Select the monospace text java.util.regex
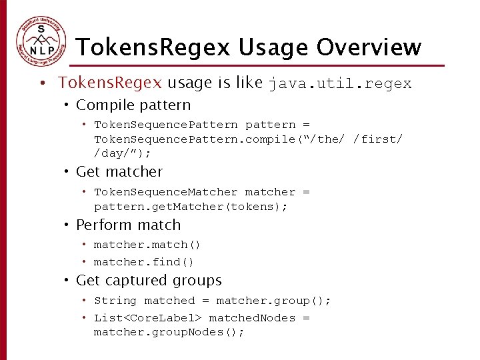coord(340,84)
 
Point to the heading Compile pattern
coord(133,105)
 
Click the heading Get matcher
coord(119,172)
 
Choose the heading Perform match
coord(128,225)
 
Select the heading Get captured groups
coord(149,281)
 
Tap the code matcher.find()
coord(144,262)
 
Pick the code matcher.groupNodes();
coord(169,332)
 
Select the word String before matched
coord(115,301)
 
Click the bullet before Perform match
coord(67,225)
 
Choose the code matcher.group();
coord(273,301)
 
